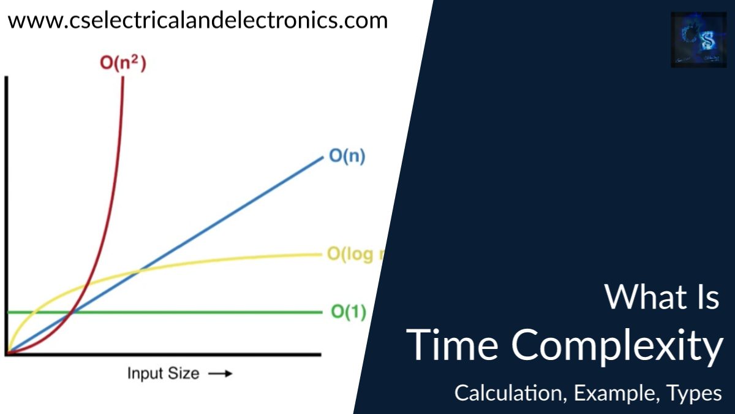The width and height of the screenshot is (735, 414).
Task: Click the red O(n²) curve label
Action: pyautogui.click(x=123, y=63)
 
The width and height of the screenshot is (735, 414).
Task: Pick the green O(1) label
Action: pyautogui.click(x=349, y=312)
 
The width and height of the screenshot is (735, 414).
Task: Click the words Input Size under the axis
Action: pyautogui.click(x=163, y=373)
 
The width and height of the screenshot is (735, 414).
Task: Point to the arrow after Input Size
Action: pyautogui.click(x=220, y=373)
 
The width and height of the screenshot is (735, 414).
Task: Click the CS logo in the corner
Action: pyautogui.click(x=698, y=40)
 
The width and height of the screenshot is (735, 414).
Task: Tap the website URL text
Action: pyautogui.click(x=198, y=20)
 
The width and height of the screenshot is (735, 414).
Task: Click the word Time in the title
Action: pyautogui.click(x=453, y=345)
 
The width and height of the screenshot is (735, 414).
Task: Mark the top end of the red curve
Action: pyautogui.click(x=123, y=79)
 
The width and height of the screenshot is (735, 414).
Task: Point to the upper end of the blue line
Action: pyautogui.click(x=322, y=157)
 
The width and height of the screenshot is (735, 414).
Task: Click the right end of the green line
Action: pyautogui.click(x=321, y=312)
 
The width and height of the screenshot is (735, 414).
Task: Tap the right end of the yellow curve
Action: pyautogui.click(x=321, y=254)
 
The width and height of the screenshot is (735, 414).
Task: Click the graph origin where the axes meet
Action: pyautogui.click(x=7, y=354)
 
